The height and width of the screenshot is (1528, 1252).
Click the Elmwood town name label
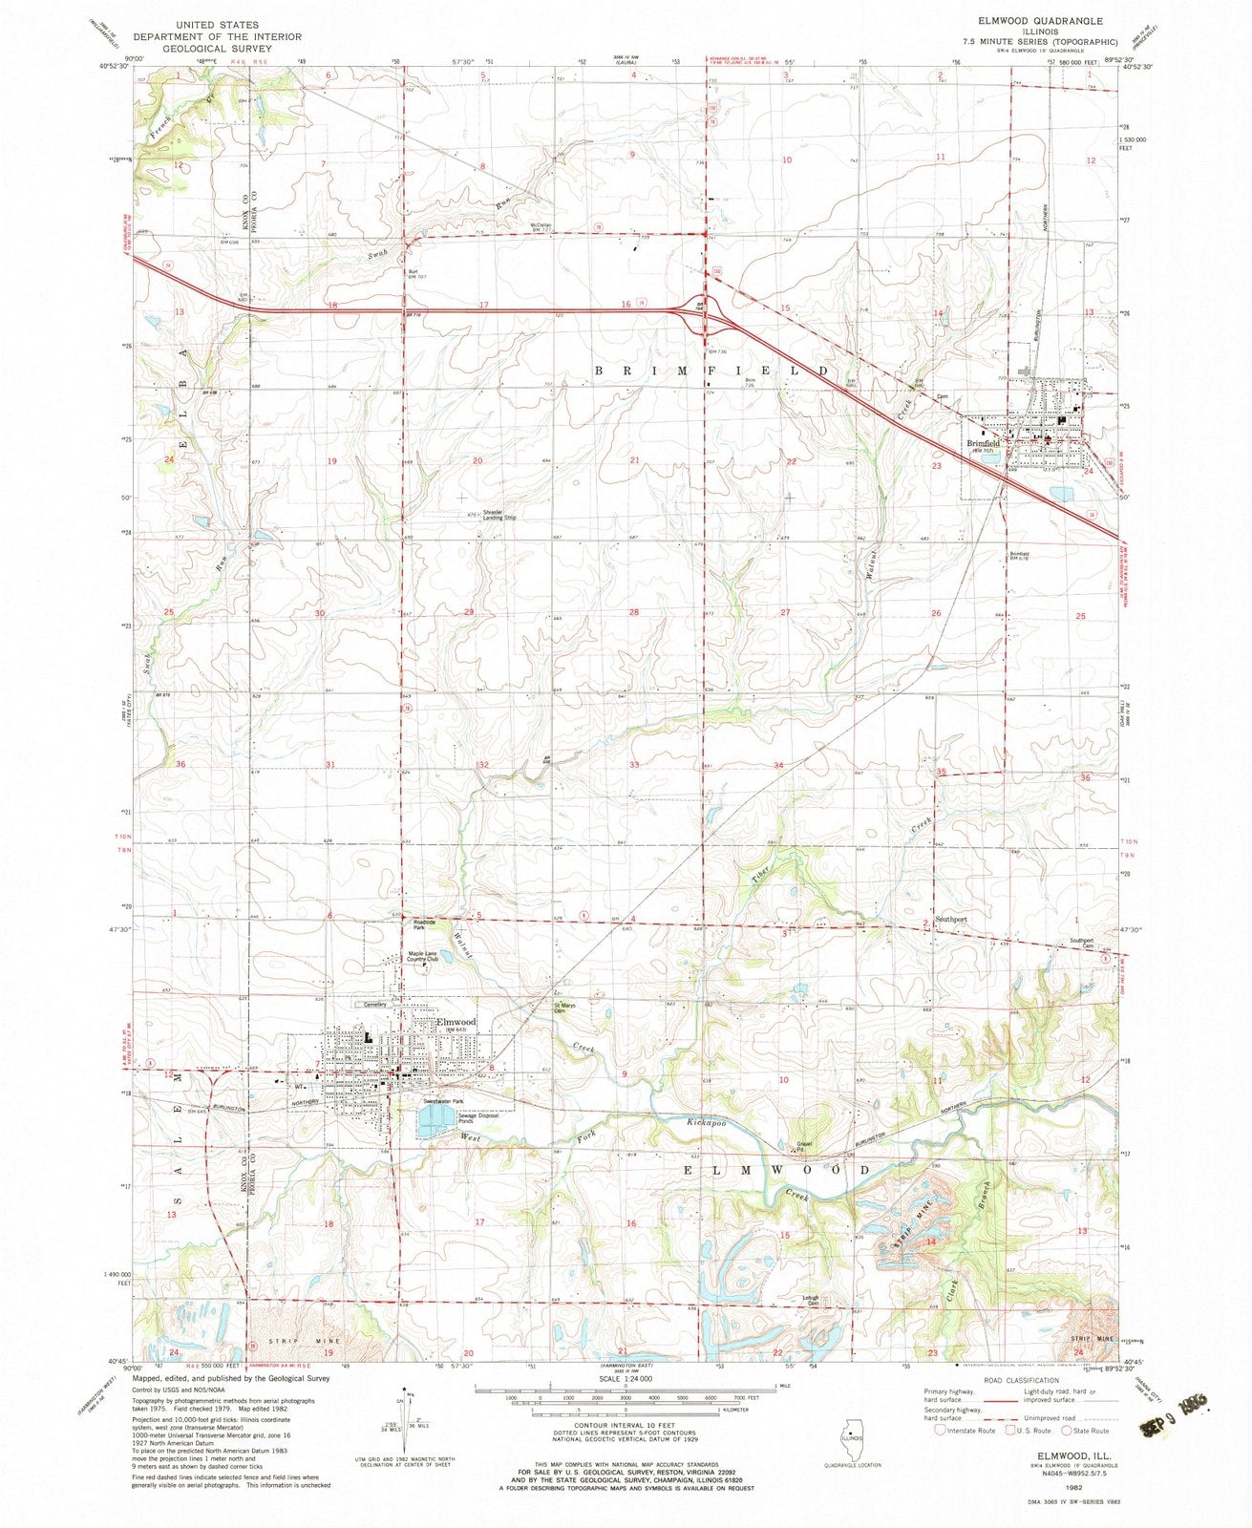(456, 1021)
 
